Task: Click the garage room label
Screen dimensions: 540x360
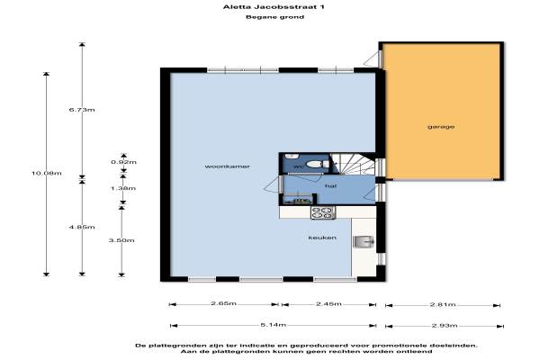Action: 441,127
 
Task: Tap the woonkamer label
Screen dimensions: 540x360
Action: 228,166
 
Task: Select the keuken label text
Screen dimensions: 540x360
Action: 322,238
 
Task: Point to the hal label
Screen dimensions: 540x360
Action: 330,186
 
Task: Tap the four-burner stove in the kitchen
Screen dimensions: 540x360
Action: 323,212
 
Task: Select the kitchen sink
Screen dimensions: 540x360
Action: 364,242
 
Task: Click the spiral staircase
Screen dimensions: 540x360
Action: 353,164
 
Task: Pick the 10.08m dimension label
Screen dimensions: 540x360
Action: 47,174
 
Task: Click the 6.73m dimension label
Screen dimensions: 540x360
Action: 82,110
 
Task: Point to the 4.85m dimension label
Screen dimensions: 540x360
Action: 82,227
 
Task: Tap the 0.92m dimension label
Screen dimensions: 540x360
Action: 123,162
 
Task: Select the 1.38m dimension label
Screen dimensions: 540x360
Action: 123,188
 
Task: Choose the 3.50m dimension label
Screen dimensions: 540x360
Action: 121,240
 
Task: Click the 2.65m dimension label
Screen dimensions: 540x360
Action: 224,303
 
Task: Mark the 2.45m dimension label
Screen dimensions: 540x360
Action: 328,303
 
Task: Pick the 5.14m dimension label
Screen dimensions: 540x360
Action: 274,325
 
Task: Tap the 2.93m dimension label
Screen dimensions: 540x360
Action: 445,326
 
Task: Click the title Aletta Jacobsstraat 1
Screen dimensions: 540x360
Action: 274,7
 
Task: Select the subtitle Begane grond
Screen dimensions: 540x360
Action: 274,17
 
